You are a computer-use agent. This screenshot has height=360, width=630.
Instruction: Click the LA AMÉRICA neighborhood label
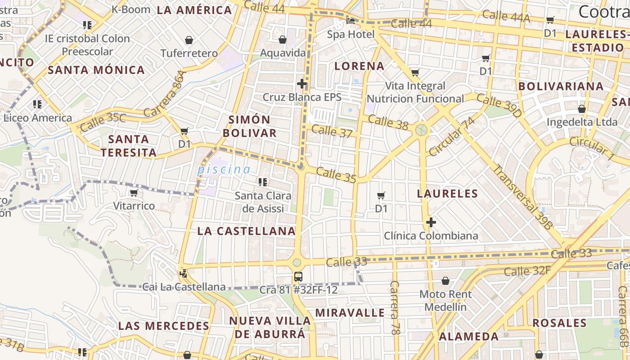pyautogui.click(x=194, y=10)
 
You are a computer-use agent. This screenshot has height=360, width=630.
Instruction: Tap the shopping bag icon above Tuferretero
pyautogui.click(x=189, y=40)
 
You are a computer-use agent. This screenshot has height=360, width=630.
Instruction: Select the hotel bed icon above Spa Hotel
pyautogui.click(x=351, y=21)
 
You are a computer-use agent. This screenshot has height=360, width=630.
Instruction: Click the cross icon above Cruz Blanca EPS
pyautogui.click(x=302, y=84)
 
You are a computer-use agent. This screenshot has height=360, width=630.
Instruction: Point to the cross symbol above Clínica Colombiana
pyautogui.click(x=431, y=222)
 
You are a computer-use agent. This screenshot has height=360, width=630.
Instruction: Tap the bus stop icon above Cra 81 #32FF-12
pyautogui.click(x=298, y=276)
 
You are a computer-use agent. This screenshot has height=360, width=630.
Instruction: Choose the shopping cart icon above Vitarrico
pyautogui.click(x=134, y=193)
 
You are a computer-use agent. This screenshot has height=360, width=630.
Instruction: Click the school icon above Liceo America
pyautogui.click(x=37, y=104)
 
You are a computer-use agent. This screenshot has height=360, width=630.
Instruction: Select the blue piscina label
pyautogui.click(x=224, y=170)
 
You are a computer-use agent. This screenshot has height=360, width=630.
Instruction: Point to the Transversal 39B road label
pyautogui.click(x=522, y=198)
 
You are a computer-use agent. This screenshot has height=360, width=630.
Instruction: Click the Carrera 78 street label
pyautogui.click(x=395, y=308)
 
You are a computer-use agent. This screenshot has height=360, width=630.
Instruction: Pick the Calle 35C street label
pyautogui.click(x=103, y=121)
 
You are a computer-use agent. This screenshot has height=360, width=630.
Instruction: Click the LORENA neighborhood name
pyautogui.click(x=360, y=66)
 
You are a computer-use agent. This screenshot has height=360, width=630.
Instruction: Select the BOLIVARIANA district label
pyautogui.click(x=561, y=86)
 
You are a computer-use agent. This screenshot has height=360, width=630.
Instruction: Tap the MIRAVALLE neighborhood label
pyautogui.click(x=350, y=313)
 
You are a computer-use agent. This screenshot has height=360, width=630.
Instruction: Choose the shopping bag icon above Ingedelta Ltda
pyautogui.click(x=582, y=109)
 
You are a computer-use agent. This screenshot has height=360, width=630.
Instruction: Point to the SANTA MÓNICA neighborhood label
pyautogui.click(x=96, y=70)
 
